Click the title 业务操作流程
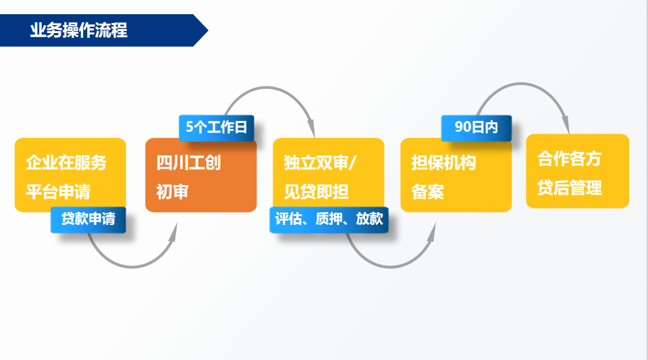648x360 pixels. [x=78, y=30]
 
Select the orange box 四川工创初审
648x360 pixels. [x=201, y=175]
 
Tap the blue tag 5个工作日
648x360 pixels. [x=216, y=127]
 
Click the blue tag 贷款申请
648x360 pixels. [x=88, y=220]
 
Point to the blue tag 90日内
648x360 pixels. [x=477, y=128]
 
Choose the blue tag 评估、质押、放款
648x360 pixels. [x=329, y=220]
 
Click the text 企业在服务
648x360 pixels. [x=66, y=162]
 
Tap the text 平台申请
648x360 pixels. [x=58, y=191]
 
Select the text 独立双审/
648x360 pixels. [x=319, y=162]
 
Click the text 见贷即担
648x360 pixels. [x=316, y=191]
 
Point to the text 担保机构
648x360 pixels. [x=443, y=162]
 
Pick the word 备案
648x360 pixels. [x=427, y=191]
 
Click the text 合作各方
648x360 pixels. [x=570, y=158]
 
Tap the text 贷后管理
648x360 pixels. [x=570, y=188]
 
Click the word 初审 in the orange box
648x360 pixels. [x=172, y=191]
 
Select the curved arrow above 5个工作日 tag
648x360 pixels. [x=267, y=87]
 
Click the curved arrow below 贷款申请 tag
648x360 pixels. [x=132, y=267]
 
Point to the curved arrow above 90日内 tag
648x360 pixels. [x=522, y=84]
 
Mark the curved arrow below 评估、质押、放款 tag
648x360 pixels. [x=390, y=267]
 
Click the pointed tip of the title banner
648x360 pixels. [x=208, y=30]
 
